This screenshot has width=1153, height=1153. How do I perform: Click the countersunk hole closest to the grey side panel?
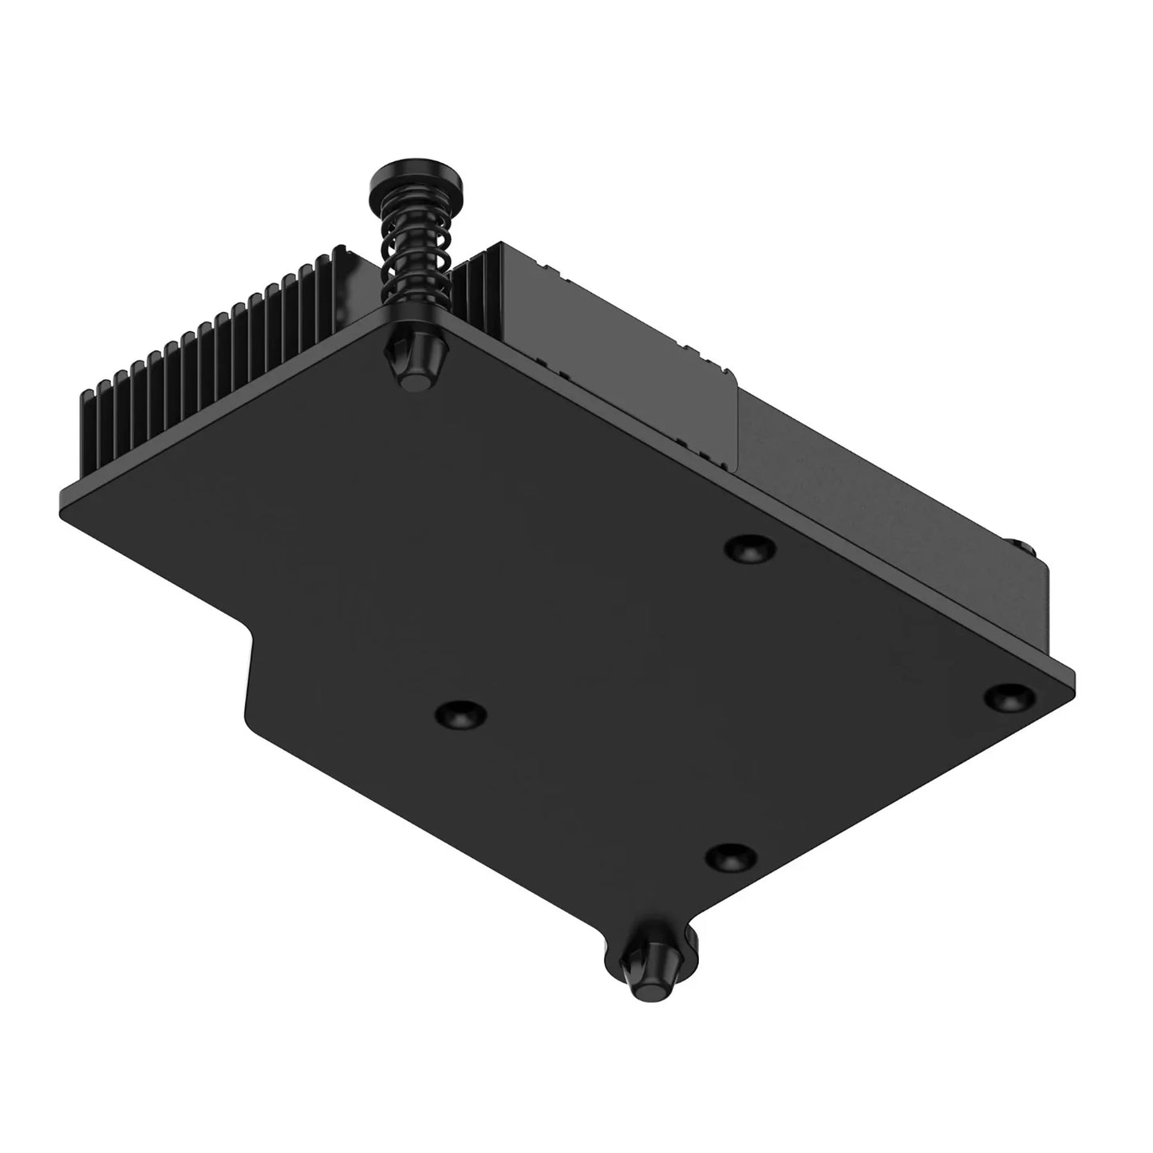pos(750,550)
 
